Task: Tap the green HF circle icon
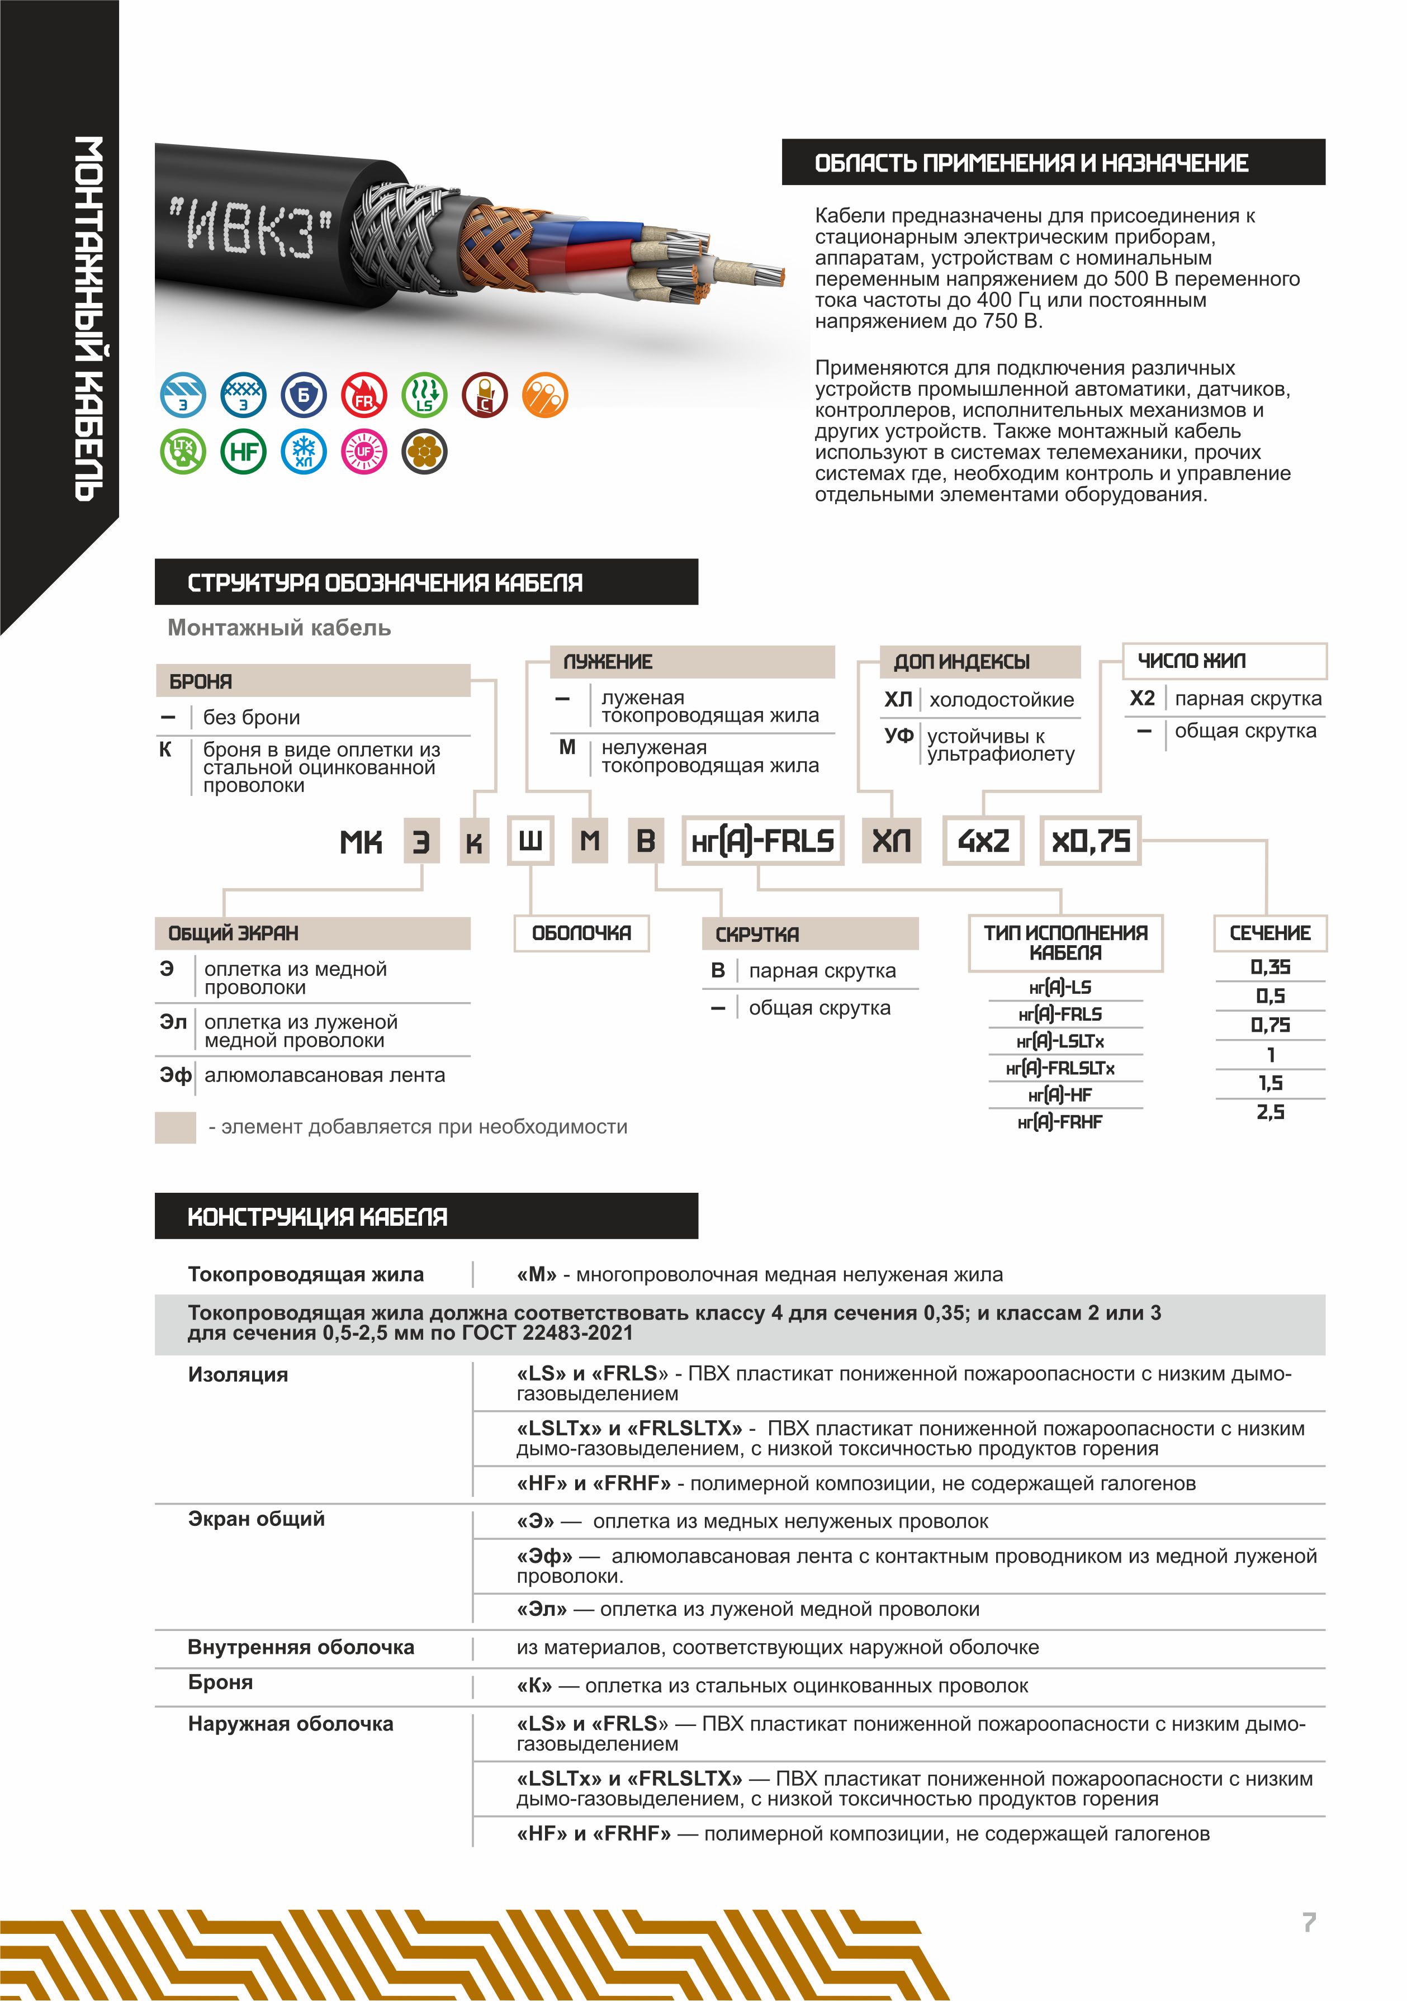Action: [243, 452]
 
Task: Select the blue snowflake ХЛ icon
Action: [304, 452]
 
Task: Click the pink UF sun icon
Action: [363, 452]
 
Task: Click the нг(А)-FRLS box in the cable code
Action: [763, 841]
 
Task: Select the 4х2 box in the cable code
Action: [983, 841]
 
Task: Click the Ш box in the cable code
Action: [530, 841]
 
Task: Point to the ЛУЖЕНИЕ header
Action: [692, 661]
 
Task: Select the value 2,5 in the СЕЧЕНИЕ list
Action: [1270, 1112]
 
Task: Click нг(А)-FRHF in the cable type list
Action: [1060, 1122]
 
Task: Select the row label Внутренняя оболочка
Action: [301, 1647]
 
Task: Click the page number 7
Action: [1309, 1923]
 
